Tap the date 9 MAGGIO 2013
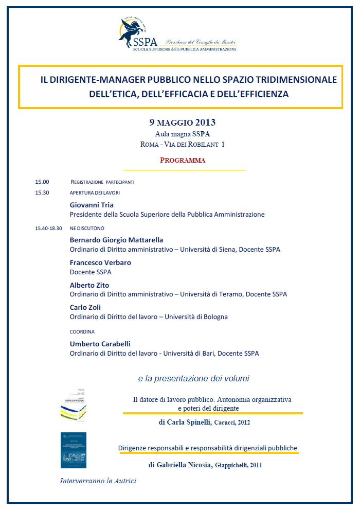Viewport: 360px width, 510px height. point(182,122)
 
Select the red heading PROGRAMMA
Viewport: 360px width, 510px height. point(183,160)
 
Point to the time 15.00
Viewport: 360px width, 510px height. point(42,182)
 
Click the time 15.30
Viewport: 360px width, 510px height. point(42,193)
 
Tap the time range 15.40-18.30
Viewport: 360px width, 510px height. point(49,228)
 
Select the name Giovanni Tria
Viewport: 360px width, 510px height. point(92,205)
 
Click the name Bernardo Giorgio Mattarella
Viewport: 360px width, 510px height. point(116,240)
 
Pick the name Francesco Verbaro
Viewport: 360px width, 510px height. point(100,262)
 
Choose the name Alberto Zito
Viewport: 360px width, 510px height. point(89,285)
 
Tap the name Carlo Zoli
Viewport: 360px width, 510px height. point(85,307)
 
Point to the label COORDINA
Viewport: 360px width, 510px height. point(82,332)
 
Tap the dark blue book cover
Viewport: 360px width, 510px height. point(73,450)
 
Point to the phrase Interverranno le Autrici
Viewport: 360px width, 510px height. point(98,481)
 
